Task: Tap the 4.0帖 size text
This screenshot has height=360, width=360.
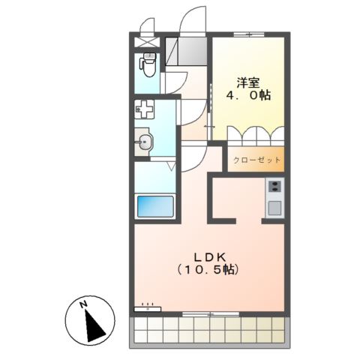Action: [x=248, y=96]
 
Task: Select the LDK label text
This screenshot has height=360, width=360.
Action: [x=208, y=254]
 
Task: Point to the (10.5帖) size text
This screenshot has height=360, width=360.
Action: [x=208, y=268]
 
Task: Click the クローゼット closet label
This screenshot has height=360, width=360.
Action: [x=256, y=160]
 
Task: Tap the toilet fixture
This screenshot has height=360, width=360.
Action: [x=148, y=67]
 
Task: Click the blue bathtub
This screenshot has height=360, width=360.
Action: [x=154, y=206]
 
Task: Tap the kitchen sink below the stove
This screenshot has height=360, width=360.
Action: [x=274, y=206]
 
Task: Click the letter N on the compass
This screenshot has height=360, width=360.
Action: [x=85, y=304]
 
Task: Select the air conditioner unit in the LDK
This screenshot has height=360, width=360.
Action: [x=147, y=307]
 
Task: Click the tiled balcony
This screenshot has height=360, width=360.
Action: [x=209, y=329]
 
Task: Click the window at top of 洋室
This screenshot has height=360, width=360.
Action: [x=248, y=35]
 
